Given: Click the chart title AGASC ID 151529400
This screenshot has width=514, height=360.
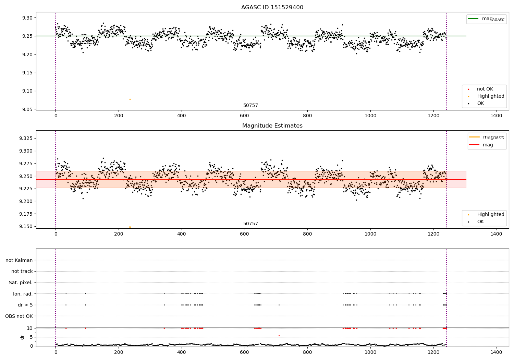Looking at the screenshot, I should pyautogui.click(x=272, y=8).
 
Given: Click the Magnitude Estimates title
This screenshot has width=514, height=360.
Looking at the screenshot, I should pyautogui.click(x=272, y=126).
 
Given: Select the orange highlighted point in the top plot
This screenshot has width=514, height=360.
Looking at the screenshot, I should pyautogui.click(x=130, y=99).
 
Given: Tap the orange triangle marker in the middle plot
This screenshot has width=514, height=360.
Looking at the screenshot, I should pyautogui.click(x=130, y=227).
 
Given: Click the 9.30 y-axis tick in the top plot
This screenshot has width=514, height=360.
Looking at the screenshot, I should pyautogui.click(x=27, y=18).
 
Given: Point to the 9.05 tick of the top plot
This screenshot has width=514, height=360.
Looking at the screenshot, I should pyautogui.click(x=27, y=109).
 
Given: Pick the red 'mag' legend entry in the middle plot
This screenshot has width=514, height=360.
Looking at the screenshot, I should pyautogui.click(x=488, y=145).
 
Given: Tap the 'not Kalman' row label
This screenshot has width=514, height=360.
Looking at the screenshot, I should pyautogui.click(x=19, y=260).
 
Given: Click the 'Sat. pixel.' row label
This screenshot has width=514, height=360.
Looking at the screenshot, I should pyautogui.click(x=21, y=283).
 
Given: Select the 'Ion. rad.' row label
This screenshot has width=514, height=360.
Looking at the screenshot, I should pyautogui.click(x=23, y=294).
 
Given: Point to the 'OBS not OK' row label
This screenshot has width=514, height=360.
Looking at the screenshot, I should pyautogui.click(x=19, y=316).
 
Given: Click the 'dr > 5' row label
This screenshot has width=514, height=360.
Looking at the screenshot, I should pyautogui.click(x=25, y=305).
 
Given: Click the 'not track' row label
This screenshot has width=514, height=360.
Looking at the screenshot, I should pyautogui.click(x=22, y=272).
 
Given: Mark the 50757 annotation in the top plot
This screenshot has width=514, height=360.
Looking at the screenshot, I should pyautogui.click(x=250, y=106).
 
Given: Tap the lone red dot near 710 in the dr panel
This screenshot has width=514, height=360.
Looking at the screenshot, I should pyautogui.click(x=279, y=335).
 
